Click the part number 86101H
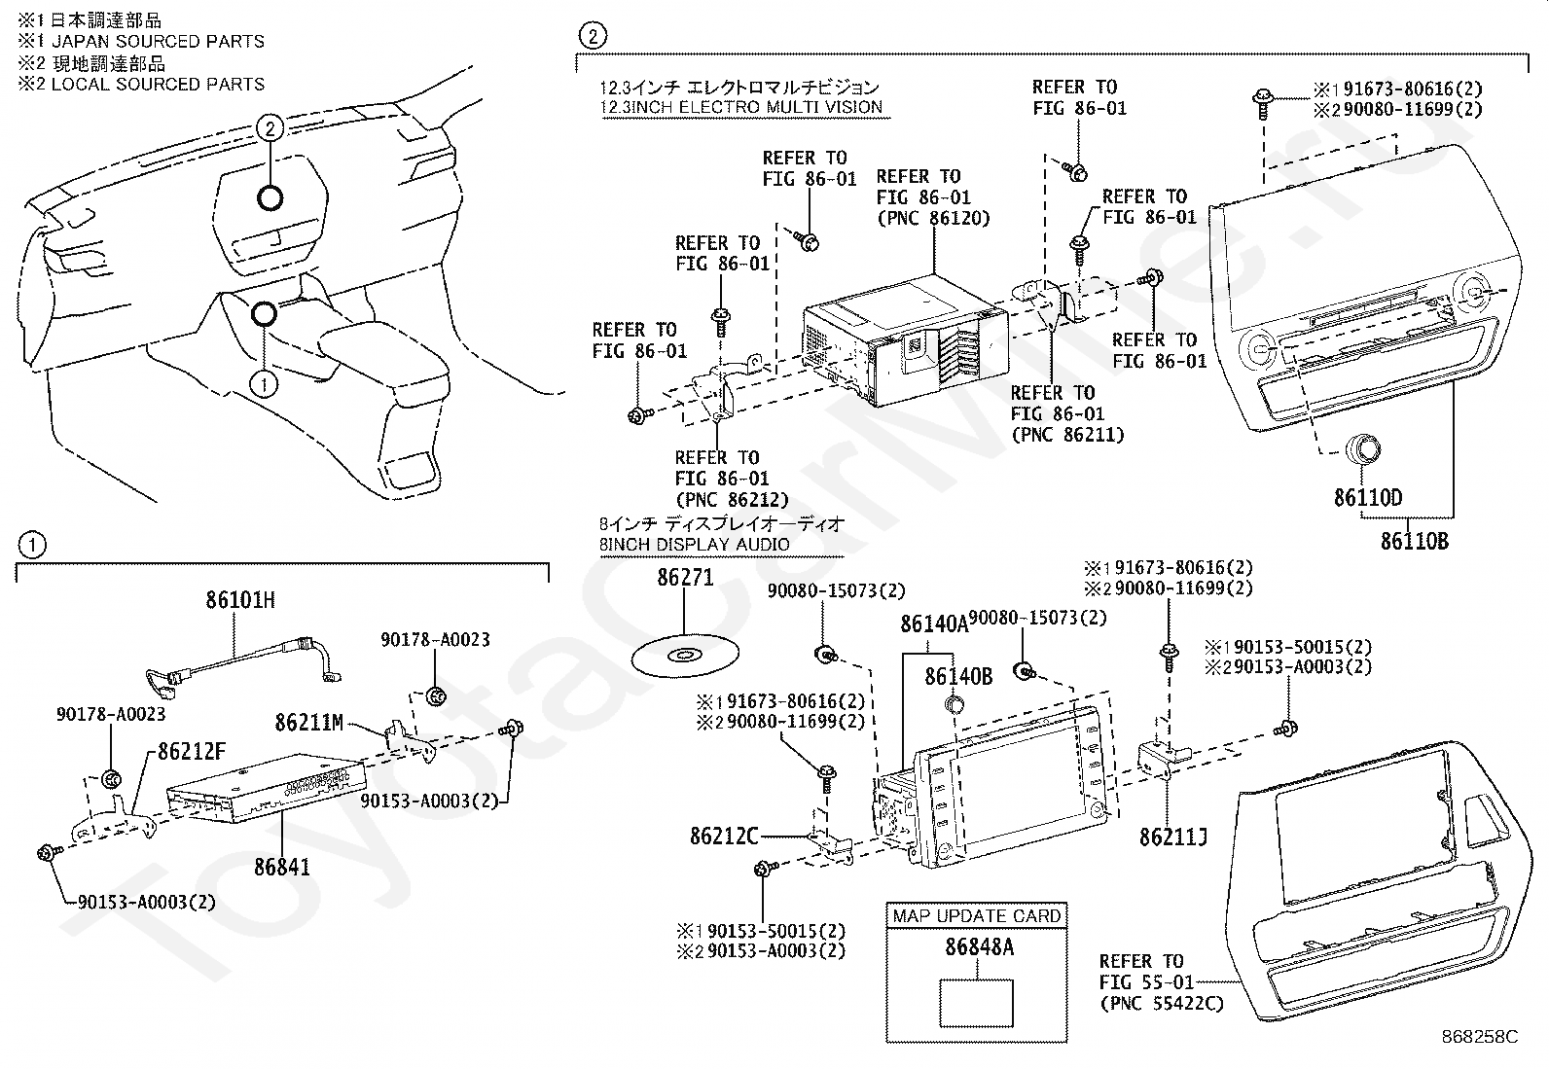(240, 599)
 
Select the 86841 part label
(281, 867)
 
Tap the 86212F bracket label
(192, 751)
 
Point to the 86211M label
(309, 723)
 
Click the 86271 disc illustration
(685, 654)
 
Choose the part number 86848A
(979, 946)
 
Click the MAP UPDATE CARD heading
(977, 916)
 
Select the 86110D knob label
(1368, 497)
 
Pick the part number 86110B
(1414, 541)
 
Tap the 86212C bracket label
(724, 836)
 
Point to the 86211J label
(1173, 837)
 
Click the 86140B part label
(958, 676)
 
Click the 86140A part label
(934, 624)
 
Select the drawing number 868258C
(1480, 1037)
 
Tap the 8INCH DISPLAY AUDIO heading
(694, 545)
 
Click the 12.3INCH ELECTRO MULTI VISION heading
(740, 107)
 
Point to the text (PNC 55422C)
(1162, 1003)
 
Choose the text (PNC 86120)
(933, 219)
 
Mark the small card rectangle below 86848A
(977, 1003)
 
